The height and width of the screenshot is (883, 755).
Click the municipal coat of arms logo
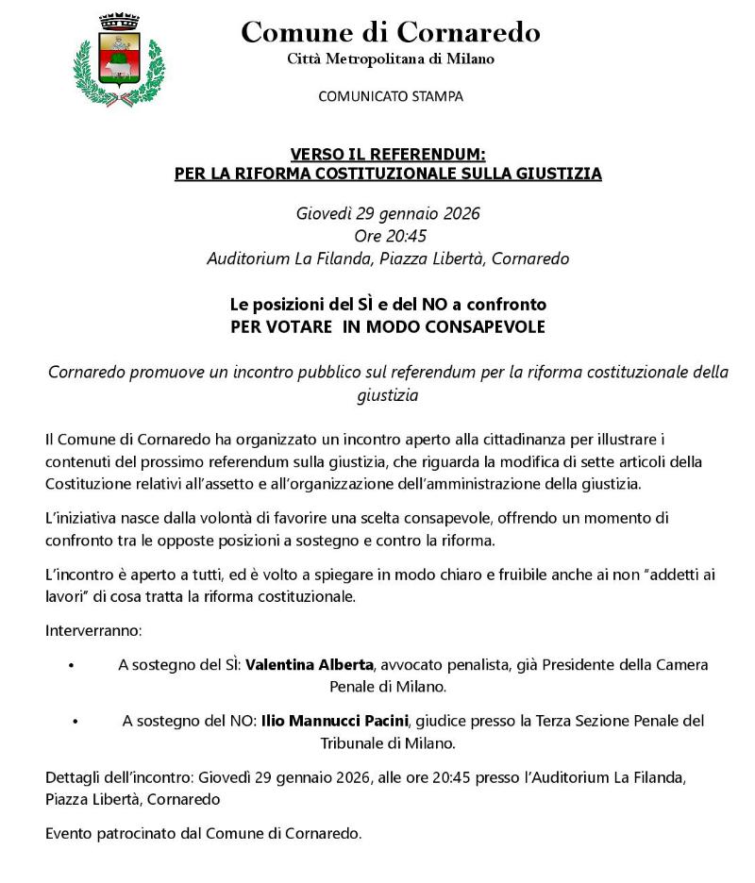[x=118, y=59]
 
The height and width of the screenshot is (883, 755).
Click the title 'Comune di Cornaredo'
[x=391, y=33]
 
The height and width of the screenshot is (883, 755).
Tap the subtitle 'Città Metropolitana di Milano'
[x=391, y=59]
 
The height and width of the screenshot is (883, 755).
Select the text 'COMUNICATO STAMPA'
[x=391, y=96]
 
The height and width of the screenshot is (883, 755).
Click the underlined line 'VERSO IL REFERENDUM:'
[x=388, y=155]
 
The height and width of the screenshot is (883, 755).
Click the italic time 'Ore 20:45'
[x=388, y=236]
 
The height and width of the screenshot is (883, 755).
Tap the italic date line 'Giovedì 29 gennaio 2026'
[x=388, y=213]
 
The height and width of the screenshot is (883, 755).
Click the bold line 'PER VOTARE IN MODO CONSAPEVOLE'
[x=388, y=327]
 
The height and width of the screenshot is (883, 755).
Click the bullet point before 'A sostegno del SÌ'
[x=72, y=666]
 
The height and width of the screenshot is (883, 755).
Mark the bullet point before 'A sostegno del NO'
[x=75, y=722]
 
